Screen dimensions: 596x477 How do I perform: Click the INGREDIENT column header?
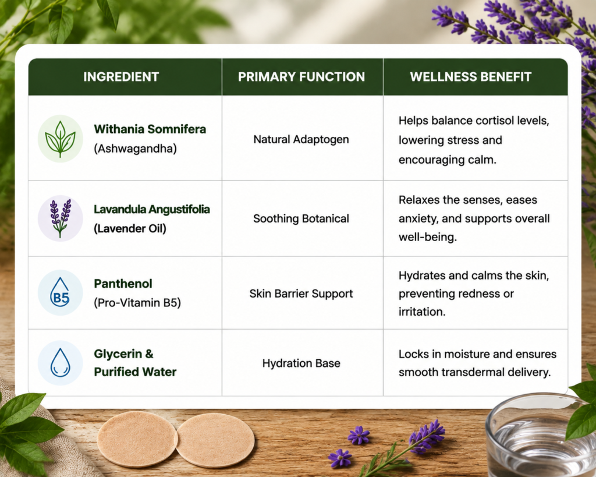click(x=121, y=77)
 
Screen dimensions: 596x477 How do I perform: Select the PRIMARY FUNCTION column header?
click(x=301, y=77)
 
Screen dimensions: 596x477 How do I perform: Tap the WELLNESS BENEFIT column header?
click(x=470, y=77)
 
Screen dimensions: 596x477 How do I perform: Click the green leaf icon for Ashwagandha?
click(x=61, y=139)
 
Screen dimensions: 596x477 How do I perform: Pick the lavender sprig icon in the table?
click(x=61, y=218)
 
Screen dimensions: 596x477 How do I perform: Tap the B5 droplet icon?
click(x=61, y=292)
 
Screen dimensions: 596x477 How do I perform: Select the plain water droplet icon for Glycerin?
click(x=61, y=363)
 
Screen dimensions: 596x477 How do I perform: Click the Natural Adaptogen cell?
click(x=301, y=140)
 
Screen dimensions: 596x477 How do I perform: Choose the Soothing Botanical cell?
click(x=301, y=219)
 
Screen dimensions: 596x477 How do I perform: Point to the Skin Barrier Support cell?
click(x=301, y=294)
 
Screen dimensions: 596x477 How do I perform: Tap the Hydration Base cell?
click(x=301, y=363)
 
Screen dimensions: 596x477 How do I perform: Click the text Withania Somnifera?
click(x=150, y=129)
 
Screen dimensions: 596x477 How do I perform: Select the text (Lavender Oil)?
click(x=130, y=229)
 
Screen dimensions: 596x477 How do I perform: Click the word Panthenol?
click(x=123, y=284)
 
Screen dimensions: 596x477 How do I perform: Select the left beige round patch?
click(x=137, y=439)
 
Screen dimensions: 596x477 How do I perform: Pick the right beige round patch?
click(x=215, y=440)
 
